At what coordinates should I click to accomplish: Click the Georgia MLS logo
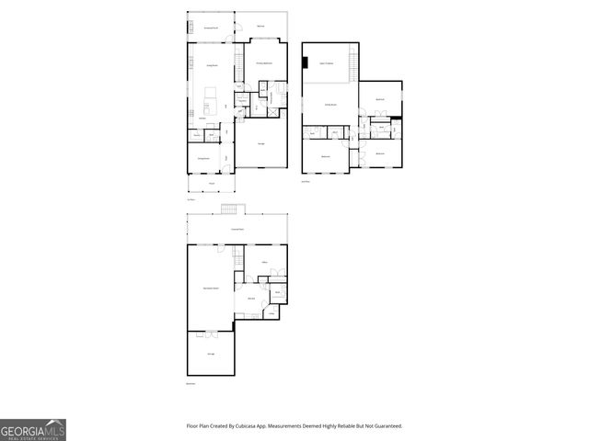tap(32, 429)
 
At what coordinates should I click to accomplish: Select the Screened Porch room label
tap(211, 28)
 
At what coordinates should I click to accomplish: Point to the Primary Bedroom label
tap(263, 62)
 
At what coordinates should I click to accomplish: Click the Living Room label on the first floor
tap(211, 65)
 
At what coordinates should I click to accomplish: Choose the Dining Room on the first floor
tap(205, 159)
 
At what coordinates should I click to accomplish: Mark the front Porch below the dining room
tap(211, 184)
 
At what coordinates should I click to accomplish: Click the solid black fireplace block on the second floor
tap(305, 62)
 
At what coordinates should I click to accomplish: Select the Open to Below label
tap(327, 62)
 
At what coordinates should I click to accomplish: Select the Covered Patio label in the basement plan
tap(237, 229)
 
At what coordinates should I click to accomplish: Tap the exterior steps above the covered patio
tap(236, 209)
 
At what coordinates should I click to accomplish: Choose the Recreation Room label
tap(211, 288)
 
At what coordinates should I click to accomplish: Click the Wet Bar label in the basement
tap(249, 300)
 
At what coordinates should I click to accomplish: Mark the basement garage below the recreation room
tap(211, 354)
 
